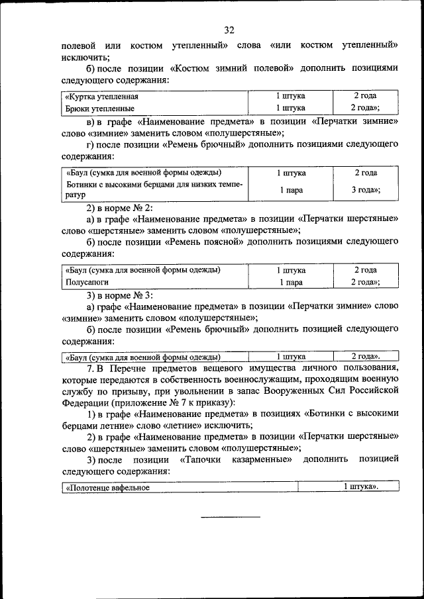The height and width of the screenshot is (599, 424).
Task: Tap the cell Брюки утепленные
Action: pos(100,108)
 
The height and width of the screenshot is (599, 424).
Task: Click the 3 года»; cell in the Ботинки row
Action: pos(365,190)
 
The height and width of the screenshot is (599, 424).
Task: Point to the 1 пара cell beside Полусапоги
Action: pos(290,282)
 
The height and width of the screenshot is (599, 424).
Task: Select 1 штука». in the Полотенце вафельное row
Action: pos(360,488)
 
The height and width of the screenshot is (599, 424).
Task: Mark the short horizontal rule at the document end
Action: pos(231,516)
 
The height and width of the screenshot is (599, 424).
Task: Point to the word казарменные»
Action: pos(260,459)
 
